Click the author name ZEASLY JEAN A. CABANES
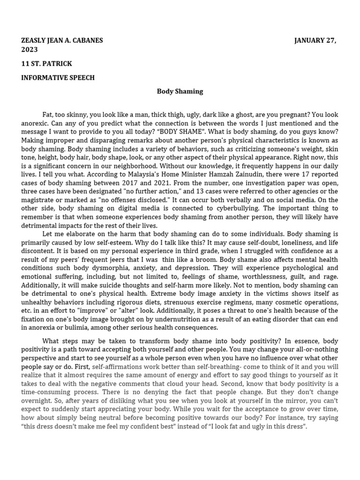tap(62, 40)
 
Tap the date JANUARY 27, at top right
tap(315, 40)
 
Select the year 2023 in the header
tap(30, 50)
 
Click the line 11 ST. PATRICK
tap(46, 64)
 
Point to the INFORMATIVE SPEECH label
tap(58, 78)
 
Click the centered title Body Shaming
tap(180, 91)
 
